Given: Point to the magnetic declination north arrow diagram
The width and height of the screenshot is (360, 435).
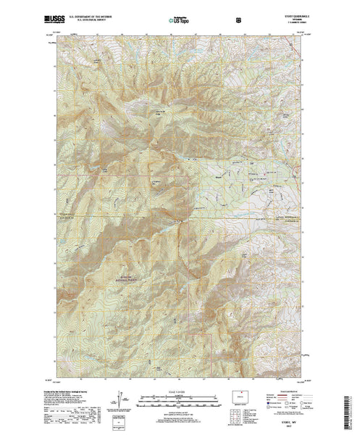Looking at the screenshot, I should (118, 400).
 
